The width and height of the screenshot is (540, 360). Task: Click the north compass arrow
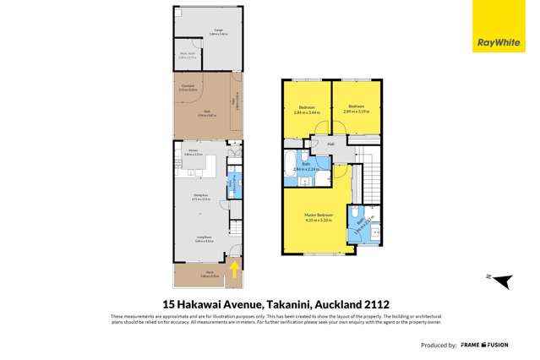(x=502, y=280)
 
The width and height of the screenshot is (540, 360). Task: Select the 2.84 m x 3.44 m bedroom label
(x=307, y=110)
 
